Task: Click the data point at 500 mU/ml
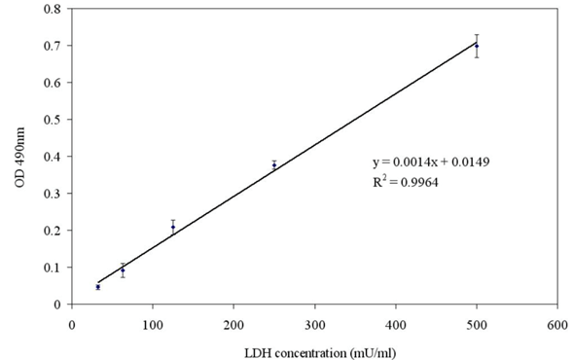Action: click(x=477, y=46)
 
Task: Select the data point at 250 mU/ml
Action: click(x=274, y=165)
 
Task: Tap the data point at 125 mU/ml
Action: click(x=173, y=227)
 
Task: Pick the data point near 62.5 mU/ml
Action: click(x=123, y=270)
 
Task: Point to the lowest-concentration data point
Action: click(x=98, y=287)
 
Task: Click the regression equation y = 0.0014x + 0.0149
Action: click(x=431, y=162)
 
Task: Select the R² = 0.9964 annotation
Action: click(x=406, y=181)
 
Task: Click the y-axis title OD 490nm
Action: click(x=19, y=158)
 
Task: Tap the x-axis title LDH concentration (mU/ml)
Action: click(x=320, y=353)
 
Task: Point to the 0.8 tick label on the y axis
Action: click(x=53, y=9)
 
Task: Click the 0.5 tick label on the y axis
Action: click(x=53, y=120)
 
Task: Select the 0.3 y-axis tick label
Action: click(x=53, y=194)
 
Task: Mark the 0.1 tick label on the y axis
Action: click(x=53, y=268)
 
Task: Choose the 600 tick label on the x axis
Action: click(x=557, y=325)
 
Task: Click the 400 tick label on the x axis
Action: click(x=396, y=325)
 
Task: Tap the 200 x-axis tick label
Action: click(x=233, y=325)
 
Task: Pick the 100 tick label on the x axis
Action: click(x=153, y=325)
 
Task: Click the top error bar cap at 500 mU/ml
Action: click(x=477, y=34)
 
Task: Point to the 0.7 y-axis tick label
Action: click(x=53, y=46)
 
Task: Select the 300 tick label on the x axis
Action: click(x=315, y=325)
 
